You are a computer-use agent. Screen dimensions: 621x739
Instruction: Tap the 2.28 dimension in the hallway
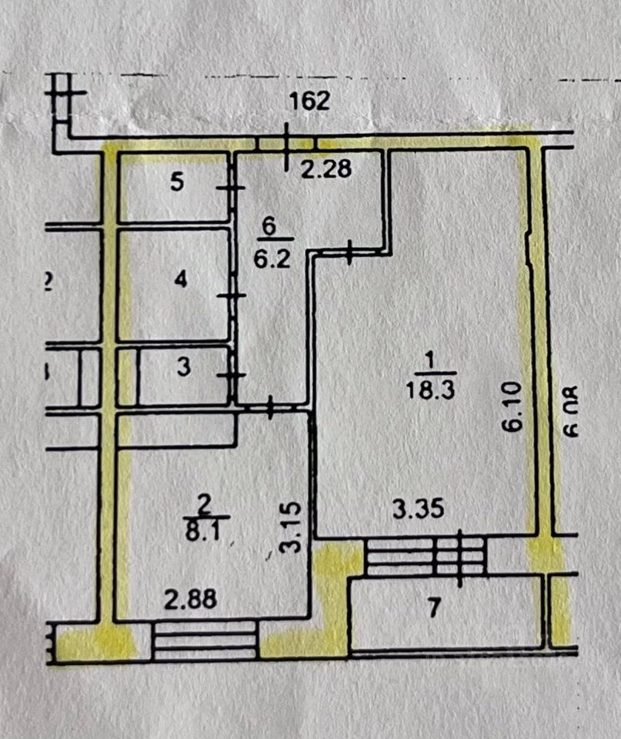click(x=326, y=169)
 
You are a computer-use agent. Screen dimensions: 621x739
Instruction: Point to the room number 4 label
click(x=180, y=279)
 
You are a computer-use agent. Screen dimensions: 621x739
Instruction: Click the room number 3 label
click(x=183, y=368)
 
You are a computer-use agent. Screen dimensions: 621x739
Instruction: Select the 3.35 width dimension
click(x=418, y=509)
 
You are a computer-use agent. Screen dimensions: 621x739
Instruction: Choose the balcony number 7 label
click(x=433, y=608)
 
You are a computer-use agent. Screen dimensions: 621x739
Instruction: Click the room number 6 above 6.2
click(x=269, y=228)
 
